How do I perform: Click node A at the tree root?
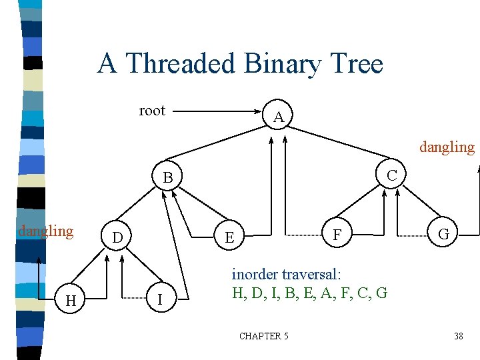[279, 117]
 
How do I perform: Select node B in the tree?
[168, 177]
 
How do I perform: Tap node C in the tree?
[392, 175]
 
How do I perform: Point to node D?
[117, 237]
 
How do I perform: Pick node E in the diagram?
[229, 237]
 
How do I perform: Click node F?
[337, 235]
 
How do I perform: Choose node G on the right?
[443, 235]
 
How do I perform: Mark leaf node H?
[70, 301]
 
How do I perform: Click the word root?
[151, 111]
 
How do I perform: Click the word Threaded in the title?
[182, 64]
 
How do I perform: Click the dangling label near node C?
[446, 147]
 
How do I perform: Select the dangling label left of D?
[45, 231]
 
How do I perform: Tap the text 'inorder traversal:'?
[286, 274]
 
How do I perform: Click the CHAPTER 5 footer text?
[264, 336]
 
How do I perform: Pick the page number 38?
[458, 336]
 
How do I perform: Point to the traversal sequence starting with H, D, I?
[309, 292]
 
